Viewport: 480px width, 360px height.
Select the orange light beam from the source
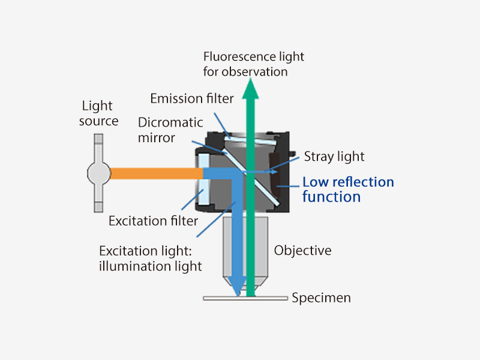(156, 173)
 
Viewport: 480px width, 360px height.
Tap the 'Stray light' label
(334, 157)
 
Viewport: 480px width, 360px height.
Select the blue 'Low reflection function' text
(348, 189)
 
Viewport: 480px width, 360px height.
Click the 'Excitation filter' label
(153, 221)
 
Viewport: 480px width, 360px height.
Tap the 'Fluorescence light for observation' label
(254, 64)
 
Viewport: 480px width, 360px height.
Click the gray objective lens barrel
(264, 246)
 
